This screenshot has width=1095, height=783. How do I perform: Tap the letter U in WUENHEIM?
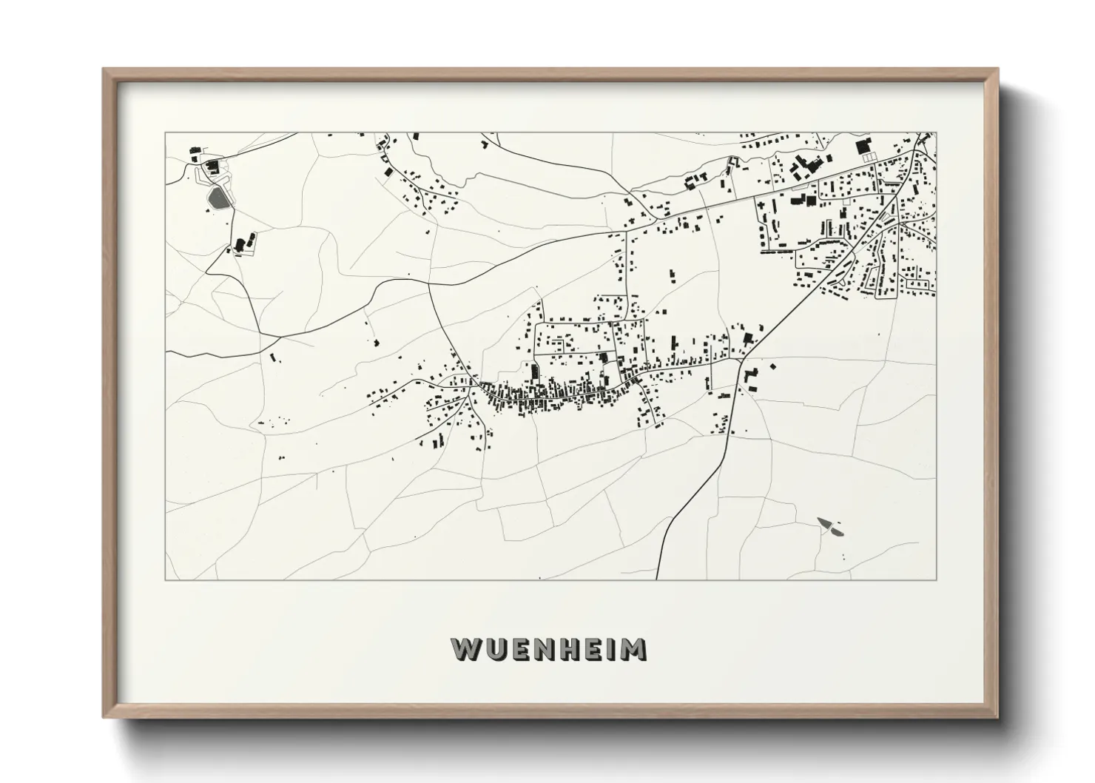[x=496, y=648]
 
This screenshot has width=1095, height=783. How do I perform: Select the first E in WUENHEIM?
[x=522, y=648]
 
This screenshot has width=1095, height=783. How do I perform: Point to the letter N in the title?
[x=547, y=648]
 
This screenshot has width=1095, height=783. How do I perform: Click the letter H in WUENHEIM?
[x=573, y=648]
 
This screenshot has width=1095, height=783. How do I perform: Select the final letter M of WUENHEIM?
[x=635, y=648]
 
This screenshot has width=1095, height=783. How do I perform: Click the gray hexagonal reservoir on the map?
[x=217, y=198]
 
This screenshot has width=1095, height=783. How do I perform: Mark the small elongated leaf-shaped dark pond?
[x=830, y=526]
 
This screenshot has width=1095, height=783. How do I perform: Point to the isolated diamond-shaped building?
[x=773, y=366]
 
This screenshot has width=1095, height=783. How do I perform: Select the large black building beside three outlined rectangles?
[x=864, y=147]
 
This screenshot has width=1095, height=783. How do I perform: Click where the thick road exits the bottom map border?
[x=657, y=579]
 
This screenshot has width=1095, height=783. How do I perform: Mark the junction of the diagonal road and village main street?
[x=741, y=360]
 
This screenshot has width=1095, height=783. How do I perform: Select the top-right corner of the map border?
[x=936, y=133]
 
